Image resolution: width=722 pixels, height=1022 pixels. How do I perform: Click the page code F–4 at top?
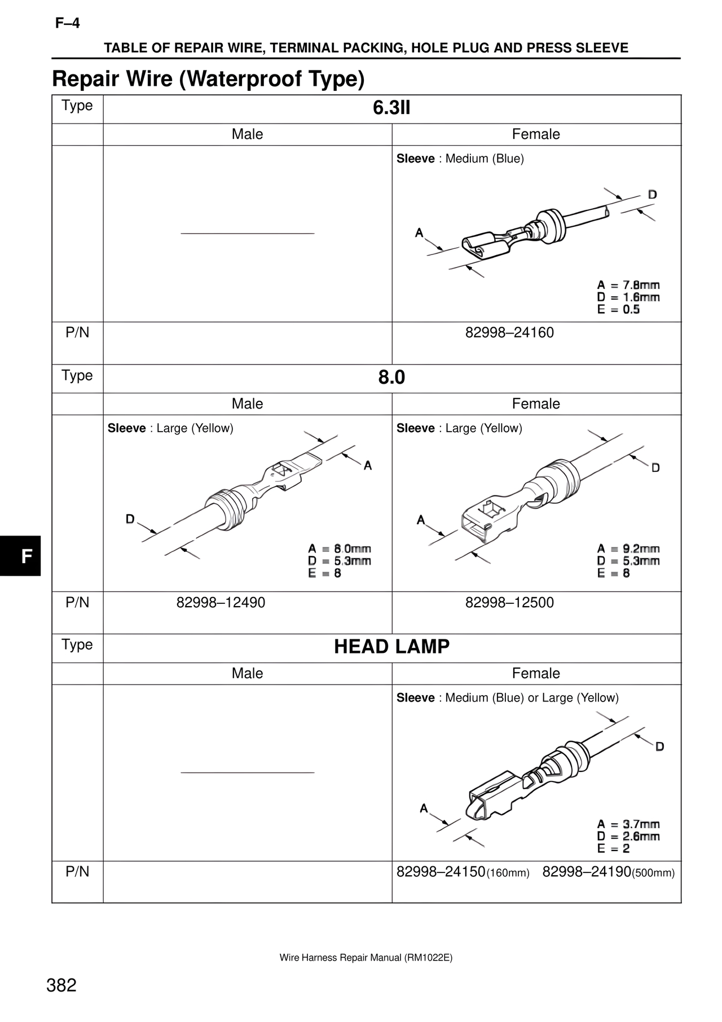pos(68,23)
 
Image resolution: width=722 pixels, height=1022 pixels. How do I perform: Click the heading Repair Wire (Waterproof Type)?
pos(208,78)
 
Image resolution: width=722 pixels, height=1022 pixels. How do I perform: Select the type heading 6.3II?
pos(391,107)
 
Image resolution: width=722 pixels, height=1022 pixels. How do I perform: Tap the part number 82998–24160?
pos(509,332)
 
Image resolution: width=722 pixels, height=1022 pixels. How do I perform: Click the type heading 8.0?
pos(391,377)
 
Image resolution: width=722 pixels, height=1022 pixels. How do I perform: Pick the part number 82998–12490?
pos(221,602)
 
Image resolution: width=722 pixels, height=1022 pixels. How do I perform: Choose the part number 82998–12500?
pos(509,602)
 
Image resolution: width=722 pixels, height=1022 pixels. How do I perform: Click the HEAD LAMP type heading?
pos(391,647)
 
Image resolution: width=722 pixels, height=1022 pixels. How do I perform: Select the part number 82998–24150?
pos(441,872)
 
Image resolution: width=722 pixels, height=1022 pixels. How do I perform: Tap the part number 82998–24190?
pos(587,872)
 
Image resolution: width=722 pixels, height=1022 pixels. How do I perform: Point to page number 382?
pos(61,985)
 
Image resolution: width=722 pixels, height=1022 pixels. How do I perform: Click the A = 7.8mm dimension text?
pos(628,285)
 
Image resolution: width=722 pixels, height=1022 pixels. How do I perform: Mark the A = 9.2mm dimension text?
pos(628,549)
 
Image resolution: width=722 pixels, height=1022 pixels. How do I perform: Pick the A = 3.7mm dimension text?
pos(628,824)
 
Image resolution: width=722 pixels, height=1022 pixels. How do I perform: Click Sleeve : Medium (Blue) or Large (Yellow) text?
pos(508,698)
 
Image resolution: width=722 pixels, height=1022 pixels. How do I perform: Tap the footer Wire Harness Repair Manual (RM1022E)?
pos(366,958)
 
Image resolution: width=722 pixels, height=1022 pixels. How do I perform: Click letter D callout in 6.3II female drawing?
pos(652,195)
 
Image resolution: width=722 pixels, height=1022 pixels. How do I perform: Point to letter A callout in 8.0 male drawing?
pos(368,466)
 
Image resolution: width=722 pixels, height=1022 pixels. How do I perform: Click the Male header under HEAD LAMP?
pos(247,673)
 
